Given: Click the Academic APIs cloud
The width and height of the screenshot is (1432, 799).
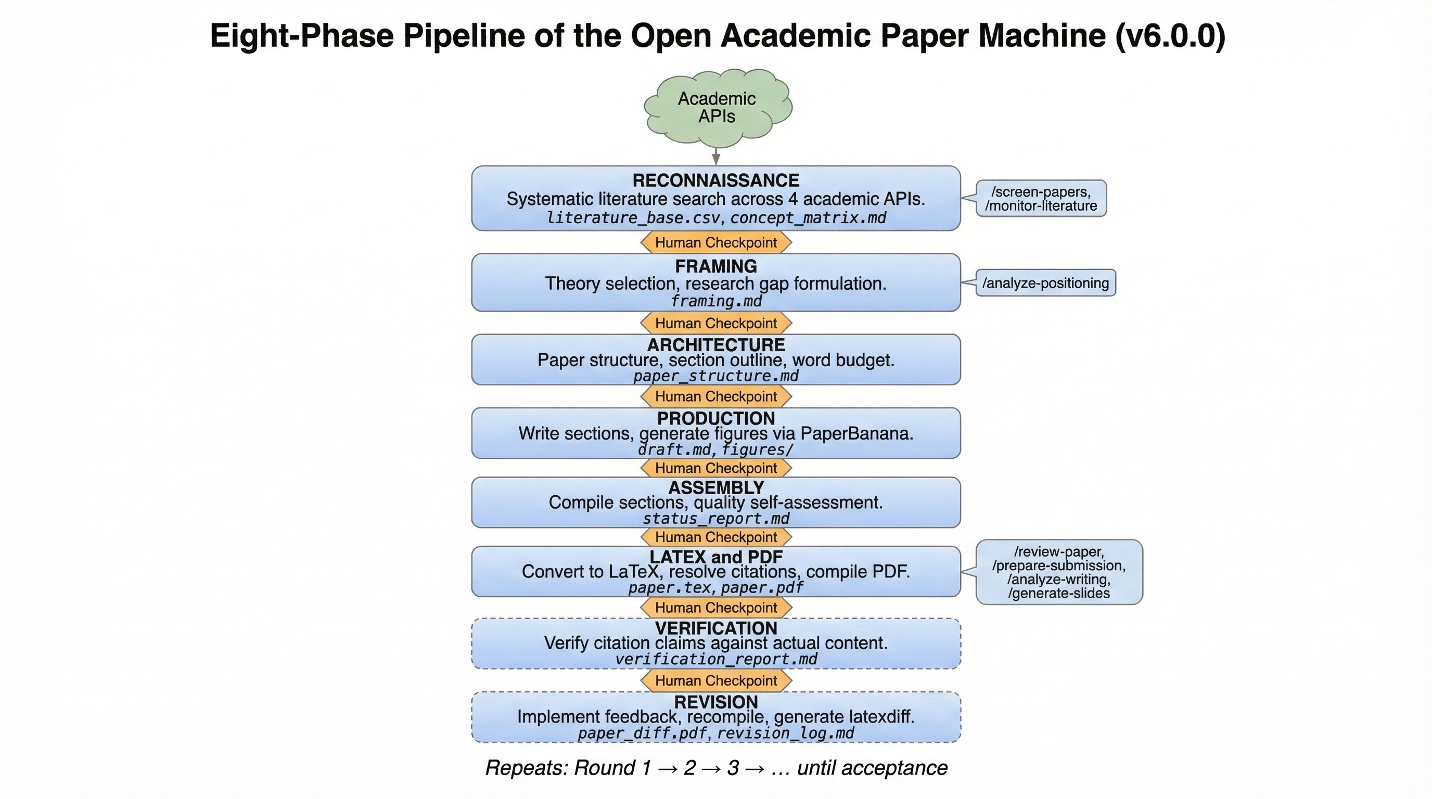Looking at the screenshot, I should tap(717, 107).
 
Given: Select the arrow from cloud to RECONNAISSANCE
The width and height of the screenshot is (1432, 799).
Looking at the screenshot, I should tap(716, 156).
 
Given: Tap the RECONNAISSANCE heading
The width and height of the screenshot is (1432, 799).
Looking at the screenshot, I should tap(715, 181).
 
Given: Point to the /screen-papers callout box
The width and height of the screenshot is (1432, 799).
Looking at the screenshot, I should tap(1041, 198).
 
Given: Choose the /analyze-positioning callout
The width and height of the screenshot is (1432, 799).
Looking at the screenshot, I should tap(1045, 283).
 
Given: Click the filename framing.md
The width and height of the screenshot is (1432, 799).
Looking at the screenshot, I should tap(716, 301).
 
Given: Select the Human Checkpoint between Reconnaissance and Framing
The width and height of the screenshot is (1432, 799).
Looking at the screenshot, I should tap(716, 243).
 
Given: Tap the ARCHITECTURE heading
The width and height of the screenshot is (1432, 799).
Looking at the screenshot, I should tap(716, 345).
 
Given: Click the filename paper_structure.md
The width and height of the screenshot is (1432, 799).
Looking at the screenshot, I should tap(716, 376).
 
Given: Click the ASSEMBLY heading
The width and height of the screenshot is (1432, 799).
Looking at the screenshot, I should tap(716, 488).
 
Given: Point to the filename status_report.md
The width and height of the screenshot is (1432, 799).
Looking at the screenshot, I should tap(716, 519).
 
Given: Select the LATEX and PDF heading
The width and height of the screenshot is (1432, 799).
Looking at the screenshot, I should tap(716, 557).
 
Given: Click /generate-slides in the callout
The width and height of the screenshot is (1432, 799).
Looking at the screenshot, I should tap(1058, 594).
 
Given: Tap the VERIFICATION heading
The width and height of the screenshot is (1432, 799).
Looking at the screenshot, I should tap(716, 628).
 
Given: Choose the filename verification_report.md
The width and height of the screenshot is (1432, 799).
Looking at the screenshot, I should tap(716, 660).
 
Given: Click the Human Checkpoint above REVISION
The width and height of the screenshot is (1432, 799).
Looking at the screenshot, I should tap(716, 680).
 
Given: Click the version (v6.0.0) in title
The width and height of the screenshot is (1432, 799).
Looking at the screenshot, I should tap(1170, 36).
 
